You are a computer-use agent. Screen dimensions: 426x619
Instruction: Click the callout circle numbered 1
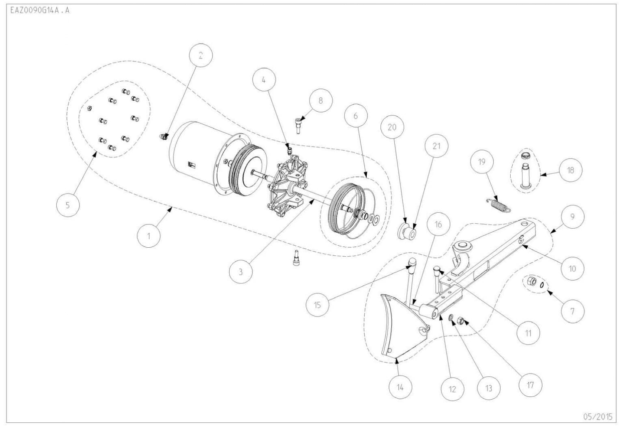(148, 236)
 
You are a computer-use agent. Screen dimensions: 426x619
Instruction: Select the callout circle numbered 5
(68, 205)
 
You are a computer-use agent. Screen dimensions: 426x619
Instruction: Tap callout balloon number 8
(320, 100)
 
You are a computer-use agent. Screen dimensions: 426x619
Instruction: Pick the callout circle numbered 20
(392, 127)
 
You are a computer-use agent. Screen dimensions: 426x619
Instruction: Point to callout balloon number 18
(570, 170)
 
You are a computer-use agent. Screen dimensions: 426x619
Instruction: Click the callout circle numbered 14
(400, 387)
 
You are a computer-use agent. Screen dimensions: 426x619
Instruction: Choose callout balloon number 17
(530, 385)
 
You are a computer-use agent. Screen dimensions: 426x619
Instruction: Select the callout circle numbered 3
(241, 271)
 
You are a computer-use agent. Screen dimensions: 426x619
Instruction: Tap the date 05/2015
(598, 416)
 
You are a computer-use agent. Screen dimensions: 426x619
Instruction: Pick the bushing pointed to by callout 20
(406, 232)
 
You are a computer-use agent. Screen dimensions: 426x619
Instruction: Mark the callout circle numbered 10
(572, 268)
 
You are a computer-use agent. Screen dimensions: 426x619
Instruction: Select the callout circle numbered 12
(452, 389)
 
